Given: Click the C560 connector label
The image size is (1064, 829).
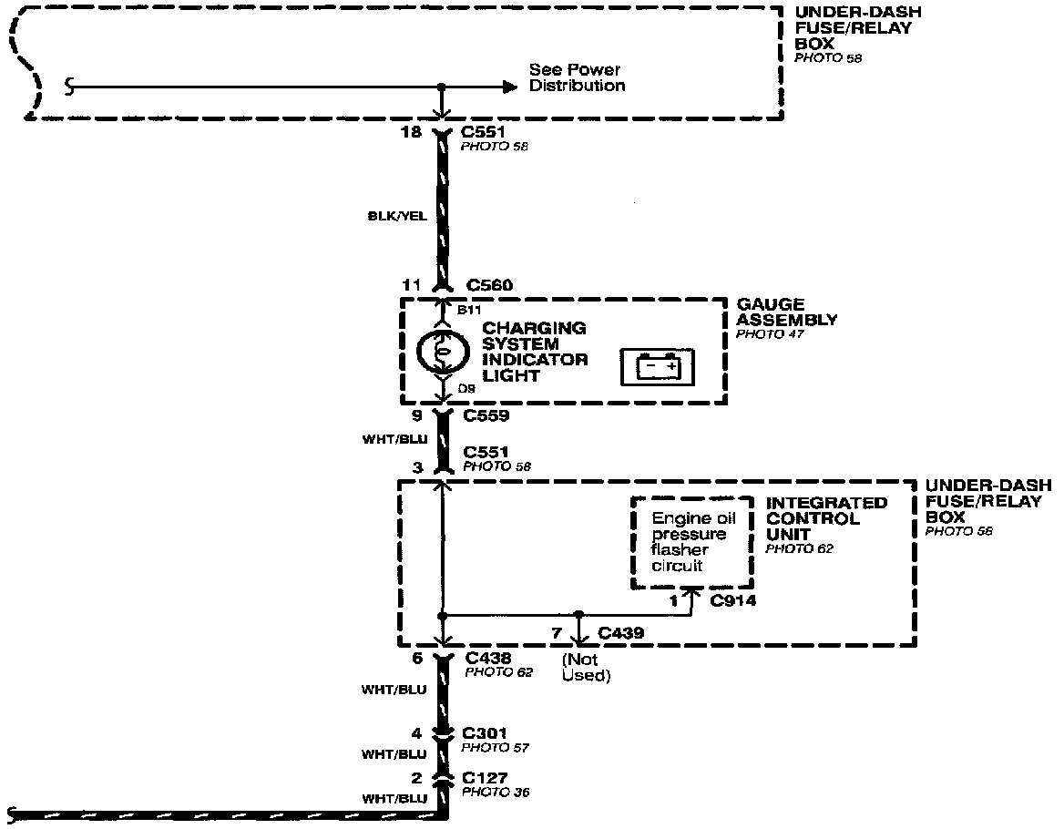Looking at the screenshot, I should [489, 286].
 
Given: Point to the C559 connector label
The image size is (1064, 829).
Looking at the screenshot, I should [486, 417].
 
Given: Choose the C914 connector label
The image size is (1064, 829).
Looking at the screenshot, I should [733, 600].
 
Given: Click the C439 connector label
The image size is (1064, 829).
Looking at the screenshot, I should [622, 633].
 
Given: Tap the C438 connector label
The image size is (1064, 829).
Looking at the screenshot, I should [487, 658].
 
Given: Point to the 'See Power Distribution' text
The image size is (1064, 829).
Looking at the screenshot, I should [578, 77].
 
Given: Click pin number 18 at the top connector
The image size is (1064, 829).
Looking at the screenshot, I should [411, 132].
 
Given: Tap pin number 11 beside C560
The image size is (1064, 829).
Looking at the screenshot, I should [412, 286].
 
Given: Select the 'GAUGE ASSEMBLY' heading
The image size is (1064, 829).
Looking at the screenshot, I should [787, 312].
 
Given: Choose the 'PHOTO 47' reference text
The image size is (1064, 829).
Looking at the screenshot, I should [771, 334].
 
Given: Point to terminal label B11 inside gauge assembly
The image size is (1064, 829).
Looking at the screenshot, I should [469, 311].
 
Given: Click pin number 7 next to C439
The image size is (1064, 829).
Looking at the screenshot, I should [557, 633].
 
